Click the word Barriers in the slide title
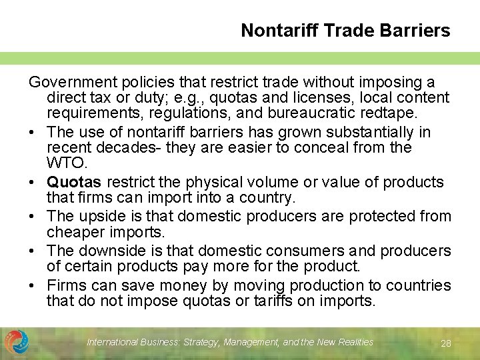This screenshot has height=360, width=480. (x=419, y=31)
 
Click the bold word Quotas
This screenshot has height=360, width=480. (x=74, y=183)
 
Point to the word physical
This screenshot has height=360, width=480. (x=201, y=183)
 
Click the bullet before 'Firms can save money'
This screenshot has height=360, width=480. (x=33, y=286)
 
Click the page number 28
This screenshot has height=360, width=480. (x=447, y=343)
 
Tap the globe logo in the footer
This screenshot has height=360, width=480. (x=17, y=342)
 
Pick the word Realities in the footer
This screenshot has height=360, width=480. (x=351, y=342)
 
